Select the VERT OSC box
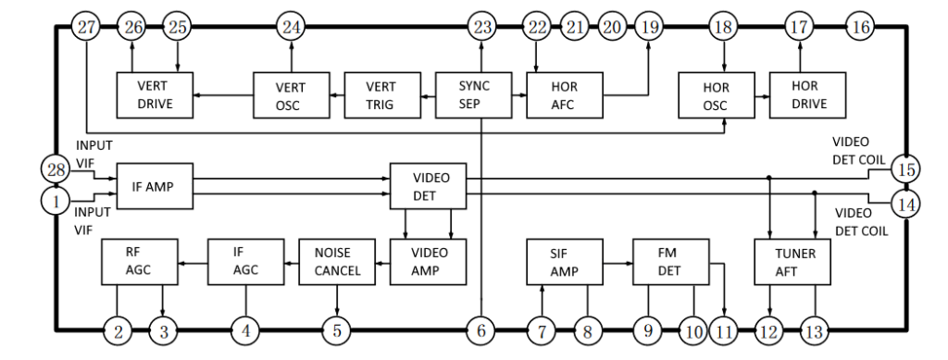(x=292, y=93)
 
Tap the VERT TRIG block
(x=380, y=93)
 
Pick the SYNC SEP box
(x=473, y=93)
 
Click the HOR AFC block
(x=565, y=93)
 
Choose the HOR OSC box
(x=716, y=93)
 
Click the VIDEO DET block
(x=427, y=186)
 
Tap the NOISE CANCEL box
(x=337, y=261)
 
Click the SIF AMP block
(x=565, y=261)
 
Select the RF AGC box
(x=138, y=261)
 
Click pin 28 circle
(x=55, y=168)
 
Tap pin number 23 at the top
(x=481, y=27)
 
